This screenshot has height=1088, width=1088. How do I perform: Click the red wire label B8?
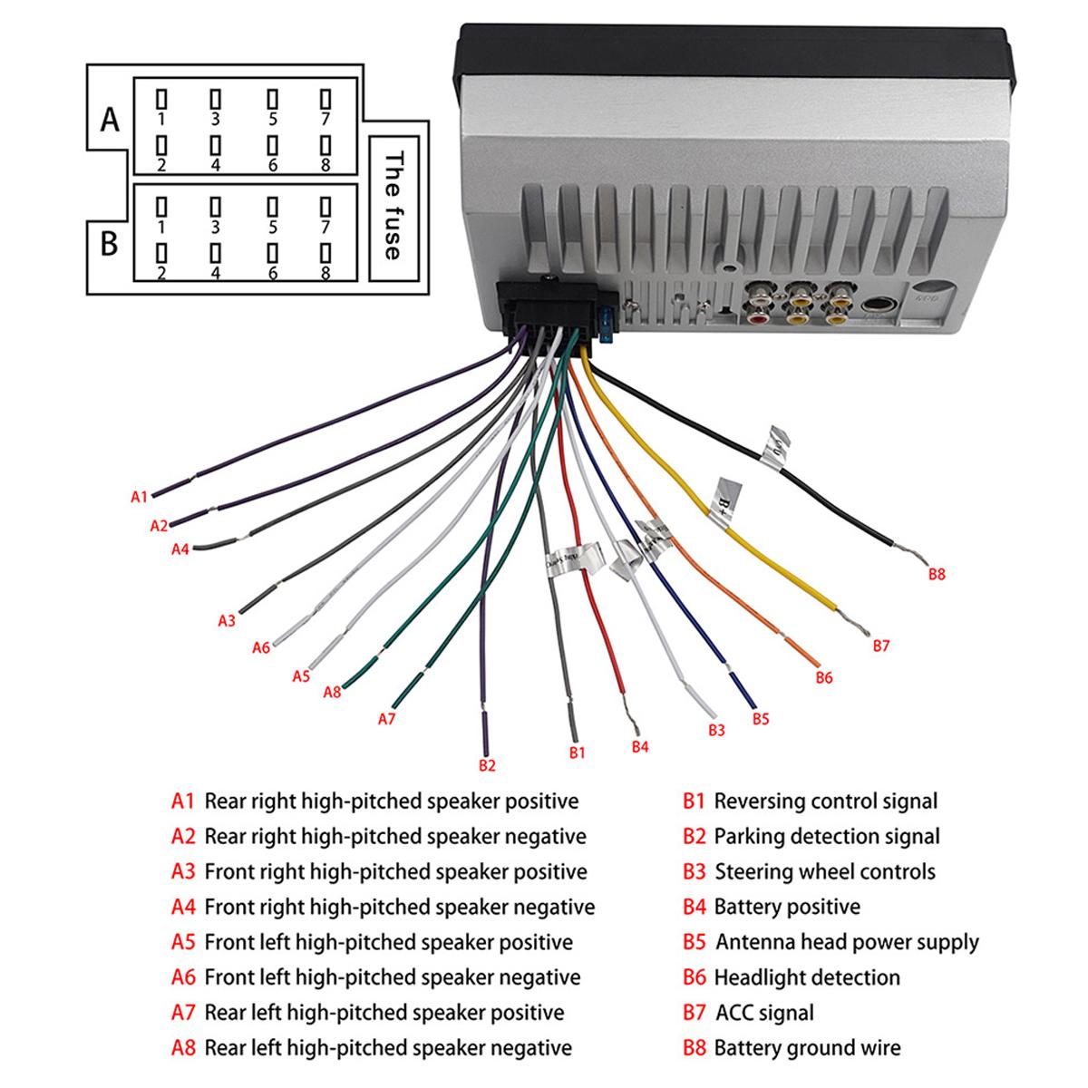(937, 574)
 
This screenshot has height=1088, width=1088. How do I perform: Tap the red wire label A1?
(139, 496)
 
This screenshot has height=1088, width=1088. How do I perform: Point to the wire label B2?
(487, 765)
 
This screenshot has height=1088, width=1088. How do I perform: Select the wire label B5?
(761, 719)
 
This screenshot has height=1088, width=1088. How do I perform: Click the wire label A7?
(387, 719)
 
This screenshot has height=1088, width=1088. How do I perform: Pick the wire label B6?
(823, 677)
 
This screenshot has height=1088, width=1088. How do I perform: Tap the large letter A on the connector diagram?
(110, 120)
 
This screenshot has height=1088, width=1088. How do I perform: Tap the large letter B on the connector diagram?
(109, 243)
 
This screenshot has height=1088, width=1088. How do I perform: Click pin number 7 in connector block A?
(325, 119)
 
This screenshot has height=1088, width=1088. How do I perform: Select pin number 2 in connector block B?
(160, 272)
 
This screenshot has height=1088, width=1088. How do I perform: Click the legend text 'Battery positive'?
(787, 907)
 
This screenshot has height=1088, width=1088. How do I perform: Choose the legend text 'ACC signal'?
(764, 1013)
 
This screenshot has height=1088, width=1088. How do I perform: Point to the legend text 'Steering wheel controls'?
(824, 871)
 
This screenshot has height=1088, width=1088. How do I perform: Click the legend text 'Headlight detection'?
(807, 977)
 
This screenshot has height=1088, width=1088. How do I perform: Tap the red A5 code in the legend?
(183, 942)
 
